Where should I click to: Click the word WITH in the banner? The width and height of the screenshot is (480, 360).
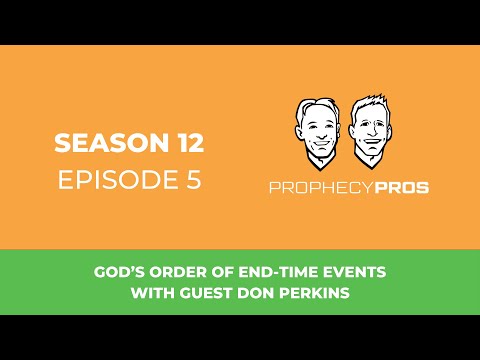(x=151, y=293)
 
